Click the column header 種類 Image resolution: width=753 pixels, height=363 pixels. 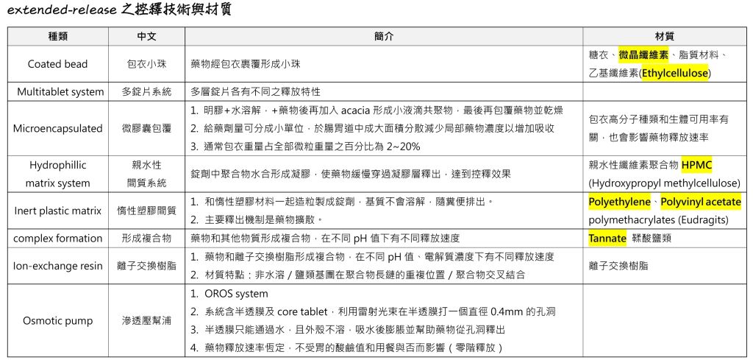58,36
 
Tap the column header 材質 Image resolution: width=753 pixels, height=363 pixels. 665,36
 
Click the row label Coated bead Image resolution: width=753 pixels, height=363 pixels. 58,64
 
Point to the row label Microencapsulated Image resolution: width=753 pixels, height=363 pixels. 58,128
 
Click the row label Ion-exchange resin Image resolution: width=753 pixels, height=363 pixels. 58,266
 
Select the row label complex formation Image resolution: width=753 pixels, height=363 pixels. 58,238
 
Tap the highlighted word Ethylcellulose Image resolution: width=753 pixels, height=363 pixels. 674,73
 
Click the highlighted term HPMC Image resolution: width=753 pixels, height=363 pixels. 696,165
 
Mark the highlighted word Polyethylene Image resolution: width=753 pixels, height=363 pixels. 619,202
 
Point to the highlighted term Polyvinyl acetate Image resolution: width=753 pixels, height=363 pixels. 700,202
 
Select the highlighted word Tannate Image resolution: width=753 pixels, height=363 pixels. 607,238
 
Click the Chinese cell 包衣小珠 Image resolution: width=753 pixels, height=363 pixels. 146,64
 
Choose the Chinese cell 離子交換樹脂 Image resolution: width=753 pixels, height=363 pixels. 146,266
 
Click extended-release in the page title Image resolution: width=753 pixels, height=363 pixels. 59,10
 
